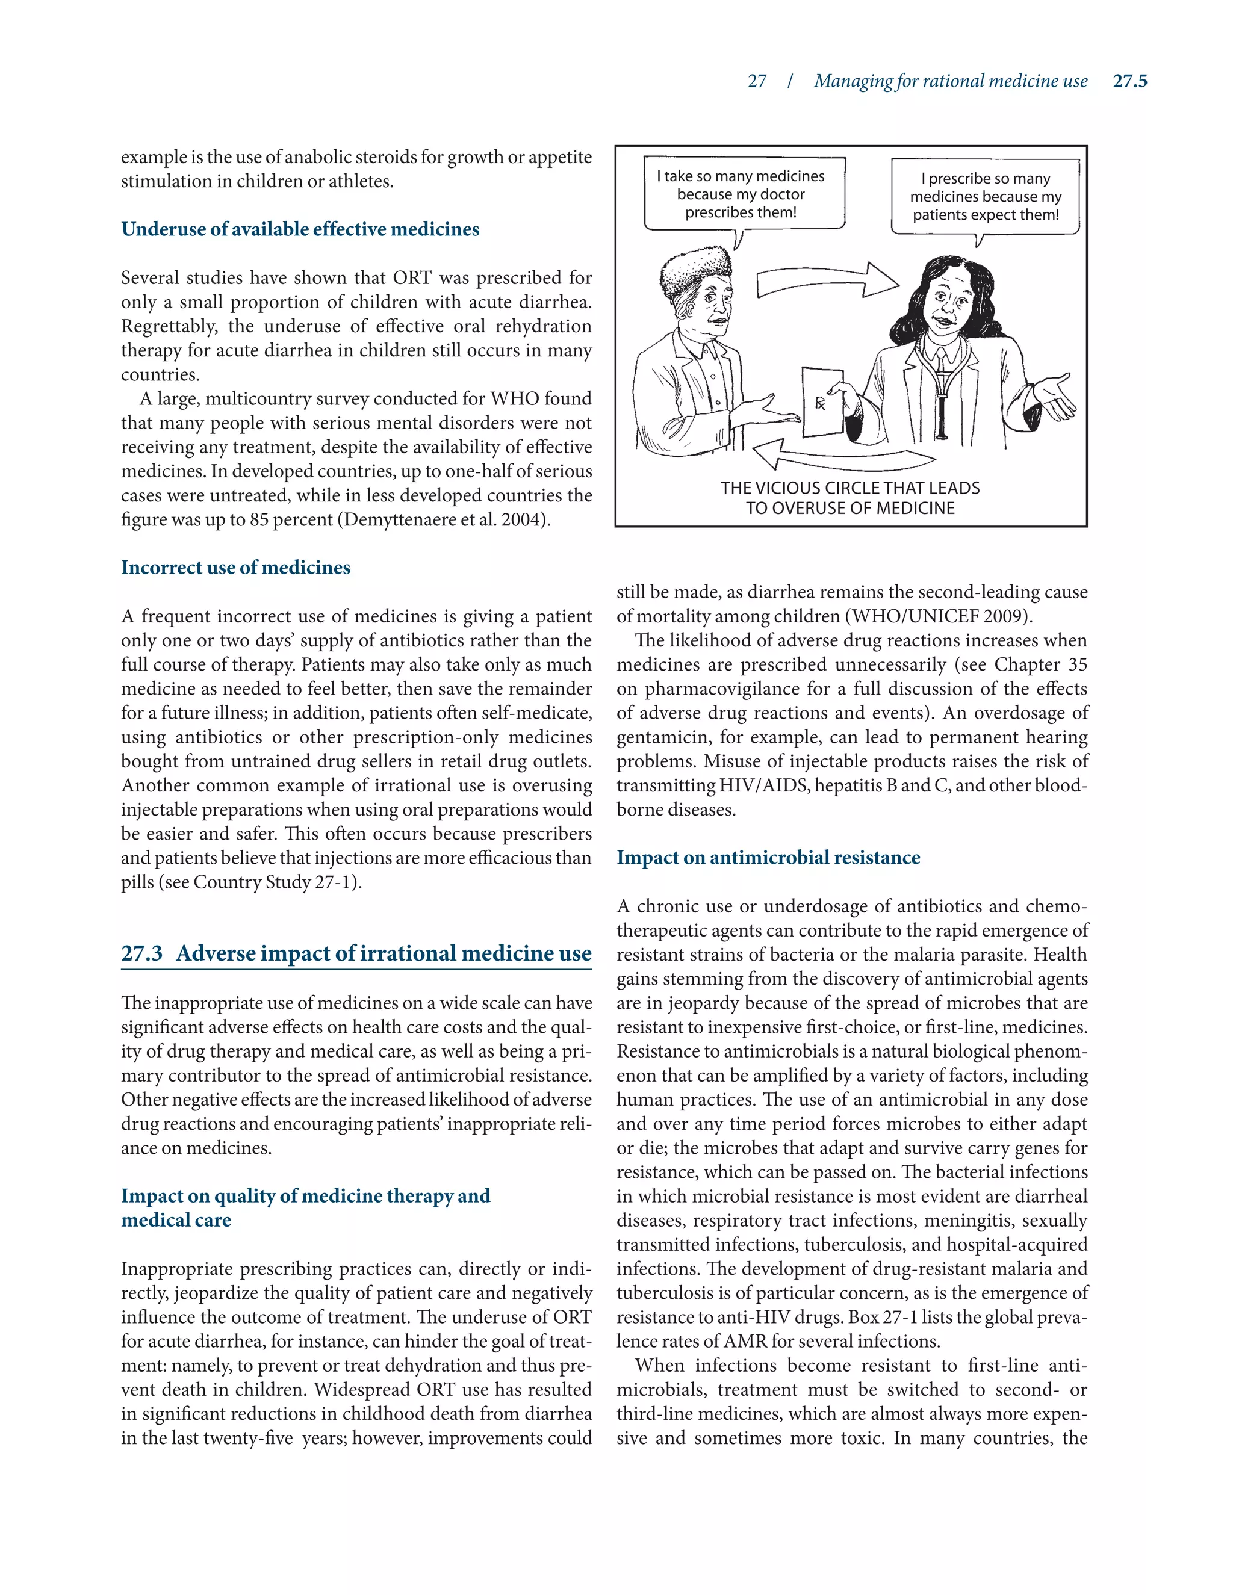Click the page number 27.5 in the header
pyautogui.click(x=1129, y=81)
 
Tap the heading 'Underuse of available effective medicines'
pyautogui.click(x=300, y=229)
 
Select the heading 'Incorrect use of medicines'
pyautogui.click(x=235, y=568)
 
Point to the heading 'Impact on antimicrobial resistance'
pyautogui.click(x=768, y=857)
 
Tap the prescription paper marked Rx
pyautogui.click(x=822, y=401)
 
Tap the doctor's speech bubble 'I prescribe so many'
pyautogui.click(x=984, y=196)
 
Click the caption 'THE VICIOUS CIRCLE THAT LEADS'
pyautogui.click(x=849, y=488)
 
